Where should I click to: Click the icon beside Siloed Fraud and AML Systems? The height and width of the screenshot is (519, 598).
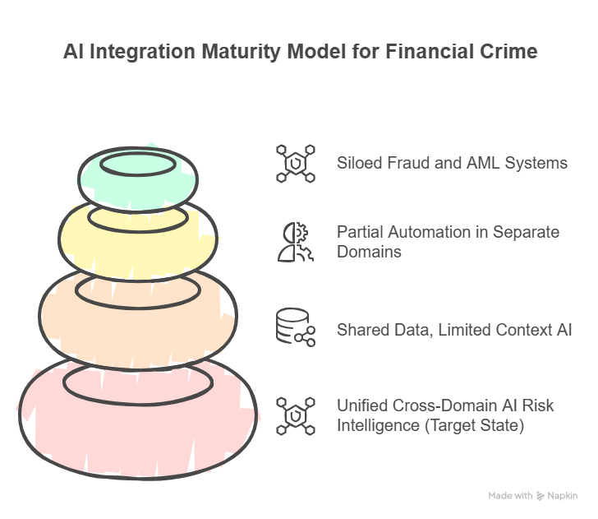click(295, 163)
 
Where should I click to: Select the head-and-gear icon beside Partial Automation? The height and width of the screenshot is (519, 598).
click(295, 242)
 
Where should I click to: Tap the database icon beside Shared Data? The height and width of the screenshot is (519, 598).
click(295, 328)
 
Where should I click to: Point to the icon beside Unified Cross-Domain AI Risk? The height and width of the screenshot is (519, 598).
click(295, 415)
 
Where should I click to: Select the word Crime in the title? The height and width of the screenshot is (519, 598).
click(509, 52)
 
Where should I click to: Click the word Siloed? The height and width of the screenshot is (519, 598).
click(359, 163)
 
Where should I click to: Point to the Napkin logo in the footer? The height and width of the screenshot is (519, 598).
click(557, 496)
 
